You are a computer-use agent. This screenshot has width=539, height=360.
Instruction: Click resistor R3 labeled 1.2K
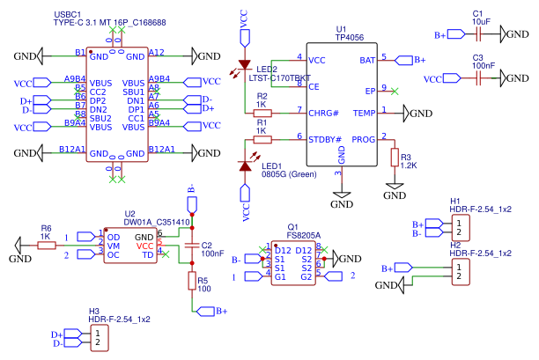tap(395, 157)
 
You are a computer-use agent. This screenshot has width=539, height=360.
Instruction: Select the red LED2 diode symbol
tap(246, 67)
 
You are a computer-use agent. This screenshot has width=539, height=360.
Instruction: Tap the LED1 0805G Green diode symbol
tap(246, 165)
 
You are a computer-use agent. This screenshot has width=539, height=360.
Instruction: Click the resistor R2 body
tap(262, 113)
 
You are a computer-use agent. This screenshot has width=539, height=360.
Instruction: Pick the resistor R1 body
tap(262, 139)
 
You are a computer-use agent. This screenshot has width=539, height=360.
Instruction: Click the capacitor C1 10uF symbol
tap(478, 34)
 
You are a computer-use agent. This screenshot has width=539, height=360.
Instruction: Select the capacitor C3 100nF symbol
tap(478, 78)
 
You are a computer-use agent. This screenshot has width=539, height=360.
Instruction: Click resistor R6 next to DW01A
tap(47, 246)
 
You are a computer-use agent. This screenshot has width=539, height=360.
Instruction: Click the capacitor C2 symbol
tap(191, 245)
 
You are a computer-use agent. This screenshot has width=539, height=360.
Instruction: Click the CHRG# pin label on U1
tap(323, 113)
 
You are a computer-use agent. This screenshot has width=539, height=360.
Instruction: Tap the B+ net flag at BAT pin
tap(415, 60)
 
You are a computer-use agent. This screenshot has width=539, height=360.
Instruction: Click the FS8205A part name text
tap(304, 236)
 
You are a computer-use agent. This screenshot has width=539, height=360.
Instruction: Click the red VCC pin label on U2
tap(145, 246)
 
